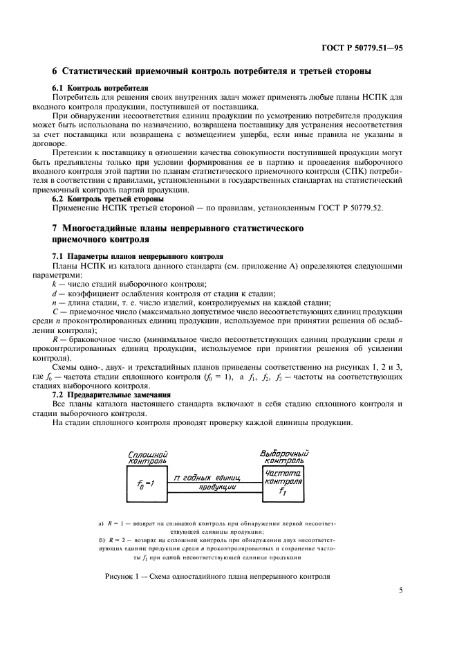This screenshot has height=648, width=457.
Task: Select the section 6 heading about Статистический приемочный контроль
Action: tap(212, 71)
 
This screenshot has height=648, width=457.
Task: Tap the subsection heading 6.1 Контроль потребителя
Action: tap(91, 88)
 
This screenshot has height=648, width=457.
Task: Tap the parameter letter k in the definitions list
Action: tap(55, 284)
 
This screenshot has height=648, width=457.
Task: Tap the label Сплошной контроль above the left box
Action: tap(147, 458)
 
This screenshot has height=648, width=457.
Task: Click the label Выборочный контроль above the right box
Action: tap(283, 457)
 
